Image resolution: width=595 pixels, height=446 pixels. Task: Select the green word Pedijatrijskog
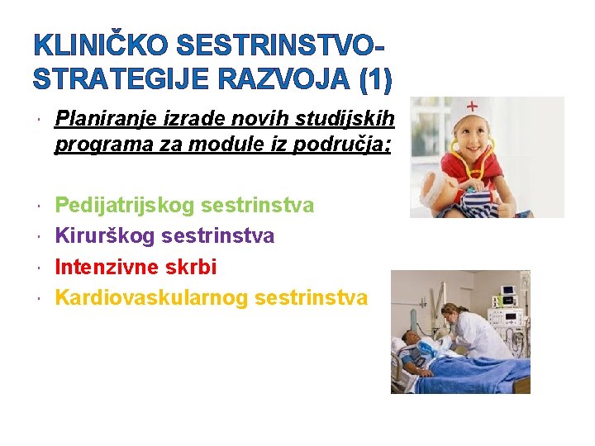pyautogui.click(x=124, y=205)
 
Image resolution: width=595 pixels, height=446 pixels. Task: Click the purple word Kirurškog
pyautogui.click(x=104, y=236)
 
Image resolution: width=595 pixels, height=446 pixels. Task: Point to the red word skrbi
pyautogui.click(x=190, y=267)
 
